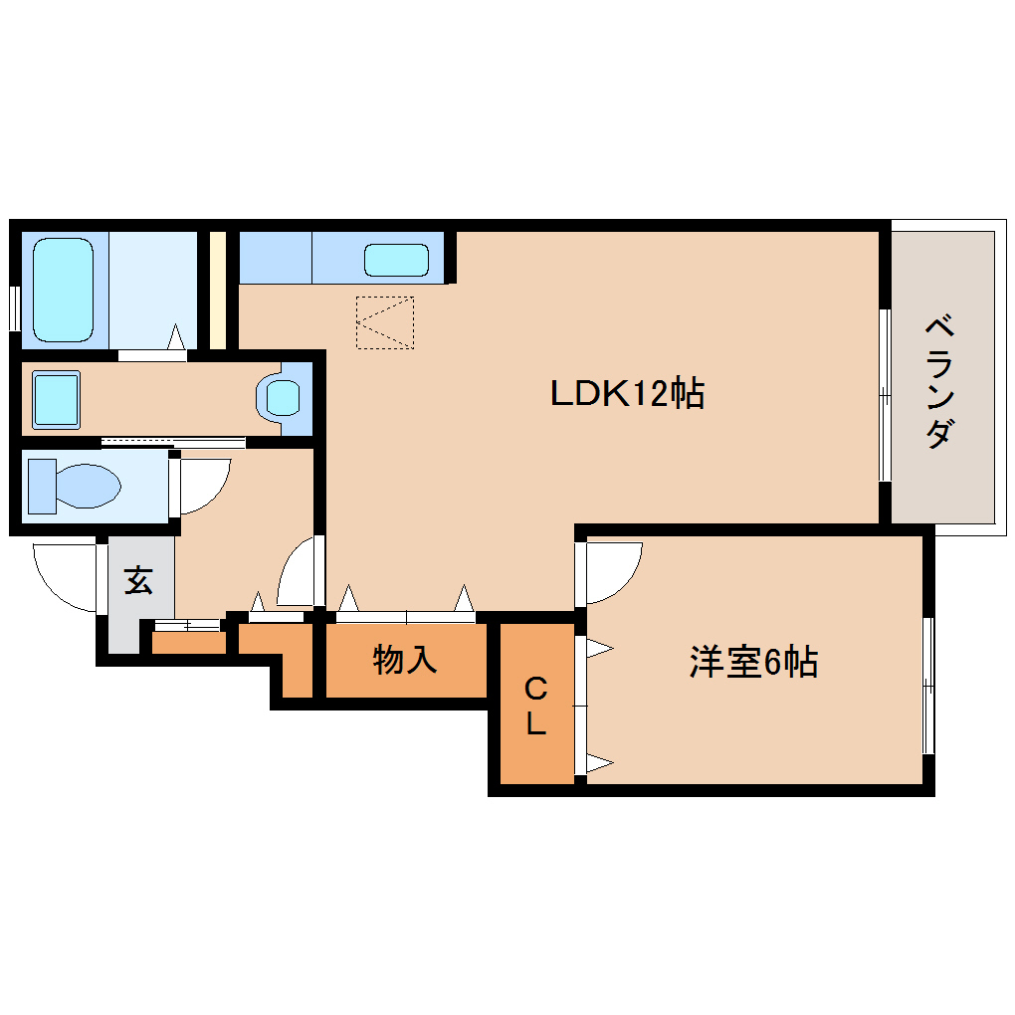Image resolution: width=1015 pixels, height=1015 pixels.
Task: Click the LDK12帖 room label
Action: pos(628,394)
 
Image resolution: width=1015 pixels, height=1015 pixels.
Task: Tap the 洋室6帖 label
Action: pos(753,662)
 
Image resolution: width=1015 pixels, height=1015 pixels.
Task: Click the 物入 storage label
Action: pos(405,659)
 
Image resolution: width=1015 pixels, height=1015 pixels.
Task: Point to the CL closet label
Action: pos(535,706)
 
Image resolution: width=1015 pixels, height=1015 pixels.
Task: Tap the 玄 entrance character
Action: pos(138,580)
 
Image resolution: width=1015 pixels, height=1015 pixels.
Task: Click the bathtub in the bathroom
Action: pos(64,289)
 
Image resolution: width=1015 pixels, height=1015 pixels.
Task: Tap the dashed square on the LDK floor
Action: pos(385,322)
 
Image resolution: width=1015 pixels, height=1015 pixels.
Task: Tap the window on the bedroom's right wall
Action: pos(927,686)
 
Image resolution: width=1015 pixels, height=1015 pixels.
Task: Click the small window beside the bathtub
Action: pos(14,307)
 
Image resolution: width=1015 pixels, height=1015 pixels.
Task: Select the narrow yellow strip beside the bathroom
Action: pos(217,290)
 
